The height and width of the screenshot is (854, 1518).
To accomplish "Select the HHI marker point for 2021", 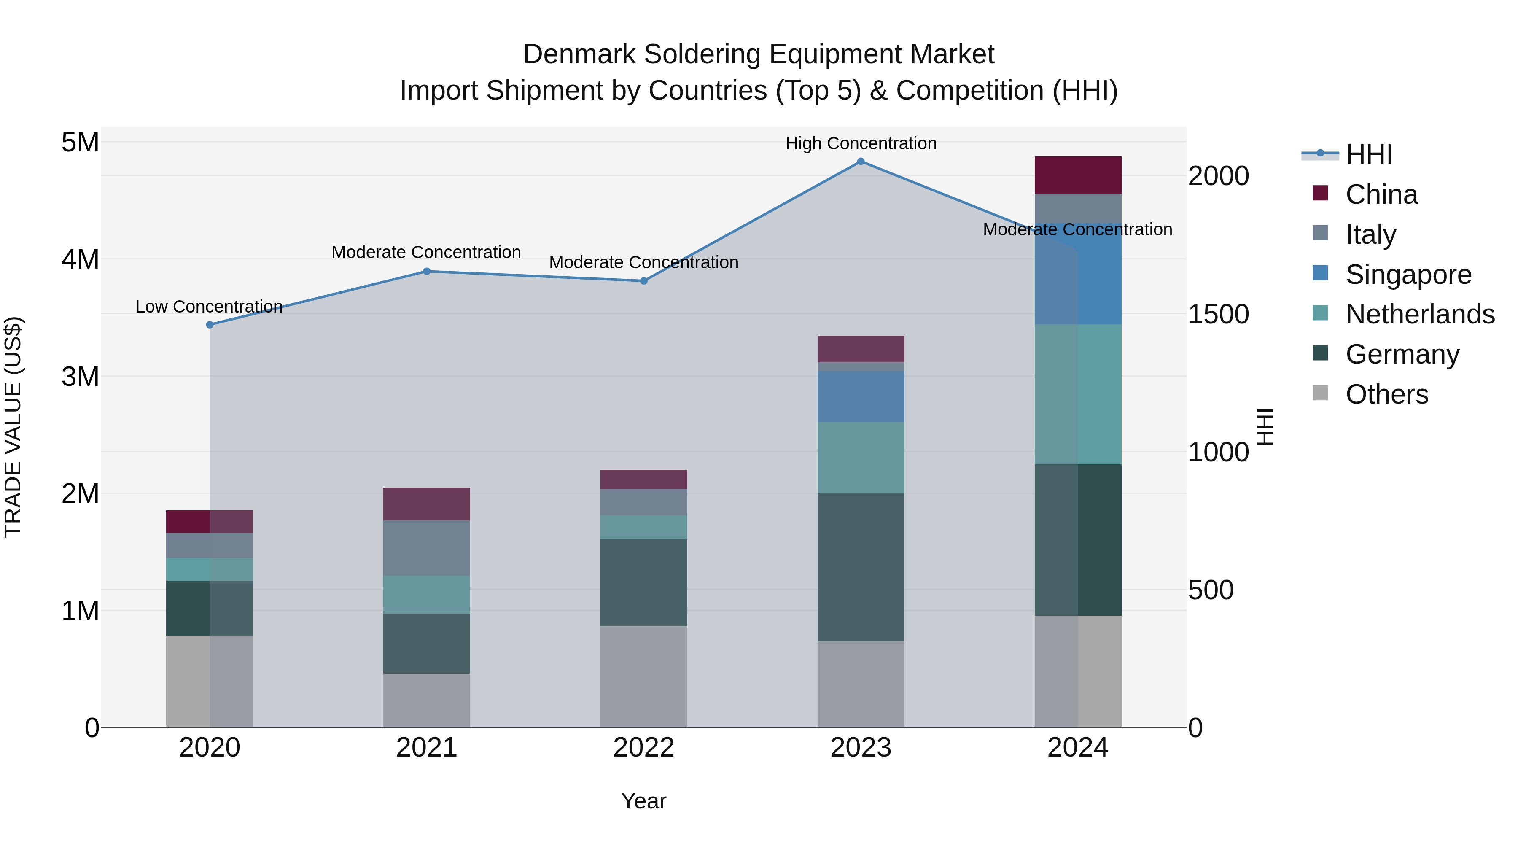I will (427, 272).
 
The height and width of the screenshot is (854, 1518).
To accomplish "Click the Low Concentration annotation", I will (209, 307).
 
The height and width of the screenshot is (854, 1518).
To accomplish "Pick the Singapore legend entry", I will (1408, 275).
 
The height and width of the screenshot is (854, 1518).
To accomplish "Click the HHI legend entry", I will (1368, 154).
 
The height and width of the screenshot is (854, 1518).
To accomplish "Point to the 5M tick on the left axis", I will (80, 142).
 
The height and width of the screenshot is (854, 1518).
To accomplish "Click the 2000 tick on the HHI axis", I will (1218, 176).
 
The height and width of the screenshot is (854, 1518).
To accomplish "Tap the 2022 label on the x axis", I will (643, 748).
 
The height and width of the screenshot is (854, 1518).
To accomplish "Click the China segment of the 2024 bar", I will (1078, 175).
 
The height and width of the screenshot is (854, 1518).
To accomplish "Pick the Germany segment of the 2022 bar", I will (643, 582).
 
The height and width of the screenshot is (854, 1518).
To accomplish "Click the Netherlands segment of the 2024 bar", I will (1078, 394).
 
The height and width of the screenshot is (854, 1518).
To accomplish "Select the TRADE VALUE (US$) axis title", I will (13, 427).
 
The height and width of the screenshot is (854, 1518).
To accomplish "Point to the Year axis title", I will (643, 801).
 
